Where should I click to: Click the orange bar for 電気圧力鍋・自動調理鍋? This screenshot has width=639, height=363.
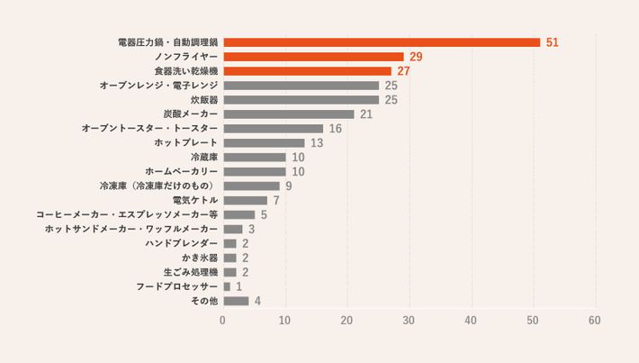pos(382,42)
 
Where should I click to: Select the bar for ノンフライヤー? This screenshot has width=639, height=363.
pos(313,57)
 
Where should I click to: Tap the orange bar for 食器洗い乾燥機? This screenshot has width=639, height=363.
pos(307,71)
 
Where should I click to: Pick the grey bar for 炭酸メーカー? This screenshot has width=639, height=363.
pos(288,114)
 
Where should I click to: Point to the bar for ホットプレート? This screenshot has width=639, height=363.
pos(264,143)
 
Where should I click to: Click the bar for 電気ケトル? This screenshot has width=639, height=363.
pos(245,200)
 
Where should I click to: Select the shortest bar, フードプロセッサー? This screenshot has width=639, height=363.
pos(227,286)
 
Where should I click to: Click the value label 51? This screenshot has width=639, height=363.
pos(553,42)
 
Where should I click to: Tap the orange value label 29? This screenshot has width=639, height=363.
pos(416,57)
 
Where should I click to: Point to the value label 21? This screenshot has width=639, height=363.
pos(365,114)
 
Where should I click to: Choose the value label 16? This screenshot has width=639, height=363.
pos(335,129)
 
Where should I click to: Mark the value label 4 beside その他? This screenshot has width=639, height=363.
pos(257,301)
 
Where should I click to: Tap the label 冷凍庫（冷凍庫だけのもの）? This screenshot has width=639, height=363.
pos(158,186)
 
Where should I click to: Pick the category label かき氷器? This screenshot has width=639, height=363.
pos(200,258)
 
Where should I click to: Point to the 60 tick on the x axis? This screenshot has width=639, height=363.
pos(595,321)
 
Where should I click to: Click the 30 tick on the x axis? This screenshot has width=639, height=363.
pos(409,321)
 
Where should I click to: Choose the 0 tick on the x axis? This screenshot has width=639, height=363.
pos(223,321)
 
